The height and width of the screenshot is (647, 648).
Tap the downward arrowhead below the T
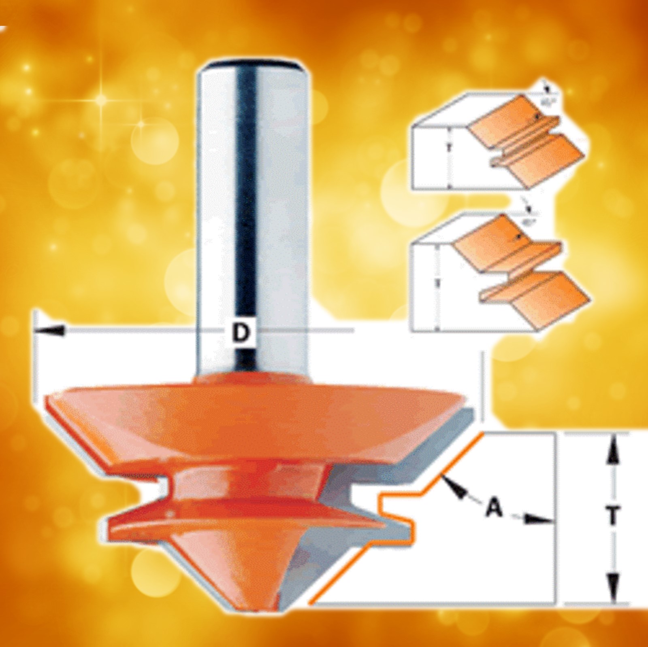(614, 583)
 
